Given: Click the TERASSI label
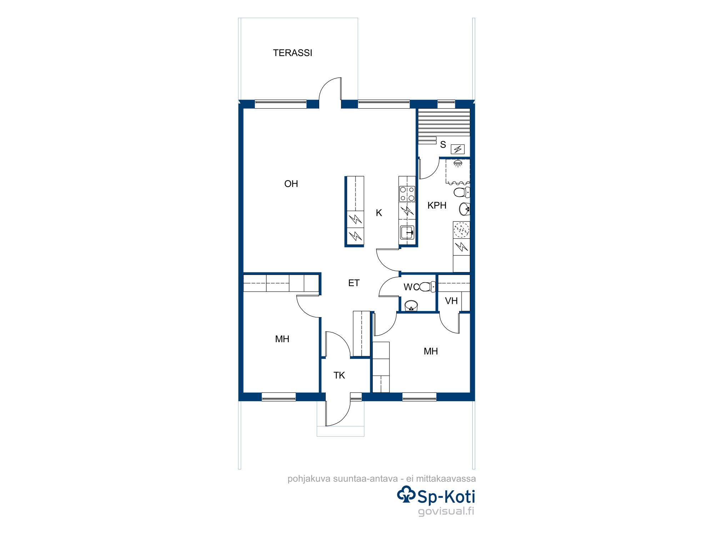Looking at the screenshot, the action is tap(292, 53).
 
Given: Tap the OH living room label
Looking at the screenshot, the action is tap(291, 184).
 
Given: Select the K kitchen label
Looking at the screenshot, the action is tap(379, 213).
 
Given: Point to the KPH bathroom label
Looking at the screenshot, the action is tap(437, 205).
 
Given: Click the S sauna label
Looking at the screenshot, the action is tap(443, 144).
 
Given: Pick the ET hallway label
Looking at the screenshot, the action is tap(354, 283).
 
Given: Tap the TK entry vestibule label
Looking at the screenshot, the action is tap(339, 375).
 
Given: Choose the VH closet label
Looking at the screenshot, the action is tap(451, 301).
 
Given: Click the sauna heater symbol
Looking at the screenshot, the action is tap(458, 149).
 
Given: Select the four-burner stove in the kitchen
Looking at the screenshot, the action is tap(407, 194).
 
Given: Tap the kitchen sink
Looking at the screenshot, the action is tap(407, 233).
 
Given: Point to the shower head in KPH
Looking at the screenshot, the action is tap(458, 163).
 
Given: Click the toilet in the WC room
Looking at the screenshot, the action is tap(427, 287).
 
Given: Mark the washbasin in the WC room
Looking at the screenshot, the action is tap(411, 306).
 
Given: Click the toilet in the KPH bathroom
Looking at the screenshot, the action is tap(462, 192).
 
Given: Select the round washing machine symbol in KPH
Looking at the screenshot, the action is tap(461, 230).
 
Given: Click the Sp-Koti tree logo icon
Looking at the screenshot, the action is tap(406, 494).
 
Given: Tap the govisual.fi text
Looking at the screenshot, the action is tap(446, 511).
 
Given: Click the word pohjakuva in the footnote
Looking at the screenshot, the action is tap(309, 479).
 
